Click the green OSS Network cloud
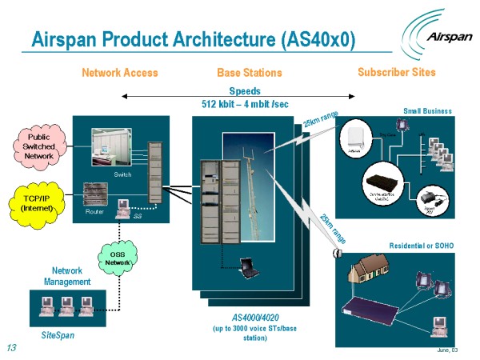(x=117, y=258)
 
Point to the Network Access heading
(x=120, y=73)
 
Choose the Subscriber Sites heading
(x=397, y=72)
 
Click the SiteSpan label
(x=58, y=335)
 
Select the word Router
(x=94, y=212)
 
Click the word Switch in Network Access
(x=122, y=174)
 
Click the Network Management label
(x=67, y=276)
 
